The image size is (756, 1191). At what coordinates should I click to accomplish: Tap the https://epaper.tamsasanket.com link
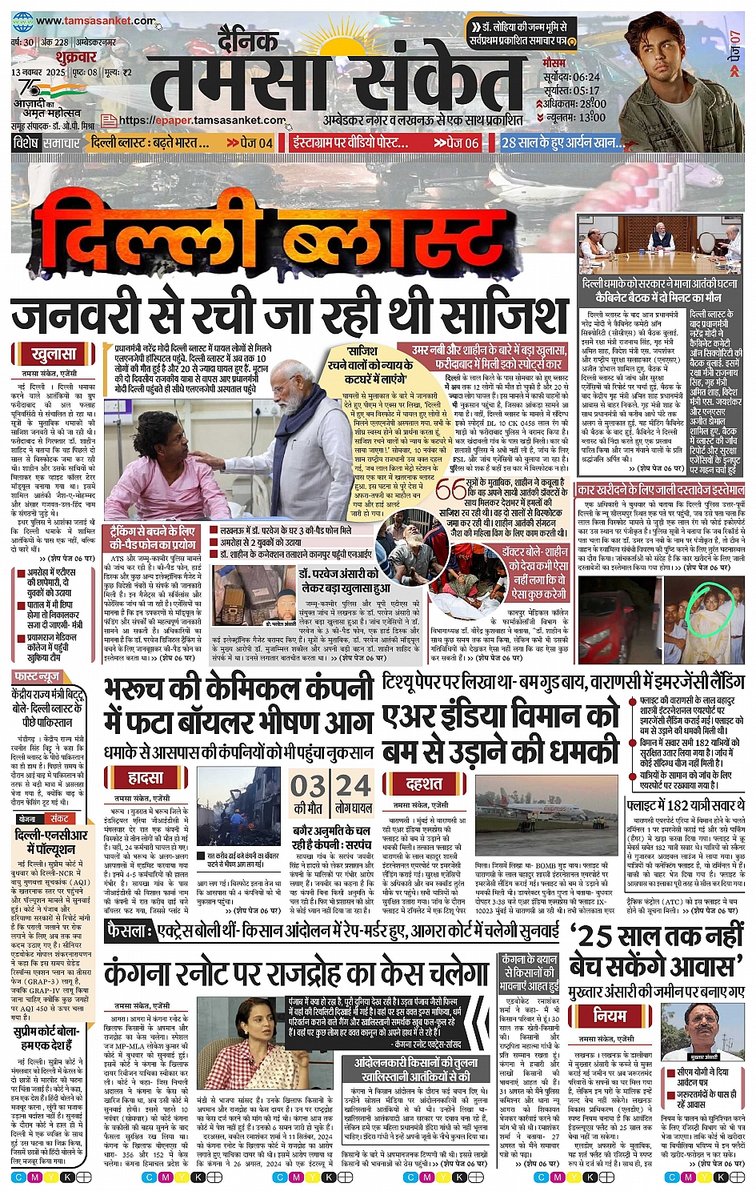[202, 121]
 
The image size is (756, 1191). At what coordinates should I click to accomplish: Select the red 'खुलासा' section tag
[54, 354]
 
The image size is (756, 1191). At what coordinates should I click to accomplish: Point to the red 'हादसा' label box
[146, 777]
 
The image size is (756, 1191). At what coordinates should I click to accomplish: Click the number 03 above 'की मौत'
[307, 785]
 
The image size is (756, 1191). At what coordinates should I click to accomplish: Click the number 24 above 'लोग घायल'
[354, 785]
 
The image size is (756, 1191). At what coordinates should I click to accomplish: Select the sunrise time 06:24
[586, 77]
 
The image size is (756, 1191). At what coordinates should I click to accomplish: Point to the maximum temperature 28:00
[592, 103]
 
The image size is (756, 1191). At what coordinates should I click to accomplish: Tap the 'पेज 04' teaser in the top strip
[250, 142]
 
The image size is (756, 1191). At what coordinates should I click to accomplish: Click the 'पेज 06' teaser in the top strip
[457, 142]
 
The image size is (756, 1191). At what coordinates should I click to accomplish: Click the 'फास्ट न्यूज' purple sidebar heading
[38, 676]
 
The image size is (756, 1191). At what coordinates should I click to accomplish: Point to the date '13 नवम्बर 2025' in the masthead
[38, 73]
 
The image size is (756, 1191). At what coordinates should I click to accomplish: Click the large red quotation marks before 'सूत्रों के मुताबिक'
[451, 488]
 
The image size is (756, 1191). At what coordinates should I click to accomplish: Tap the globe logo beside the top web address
[22, 22]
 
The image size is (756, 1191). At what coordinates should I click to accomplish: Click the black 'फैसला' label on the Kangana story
[130, 931]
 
